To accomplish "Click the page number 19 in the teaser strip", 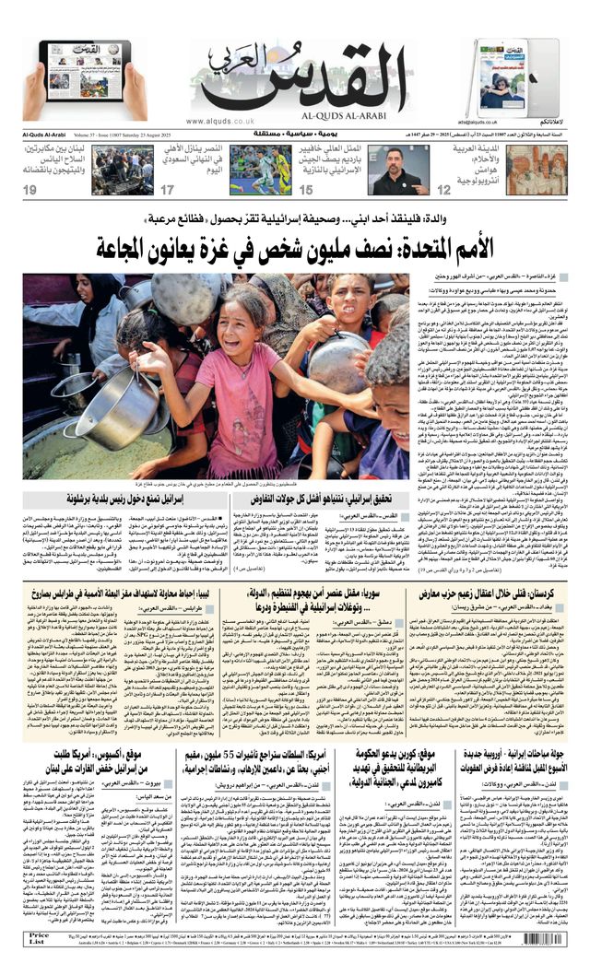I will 30,189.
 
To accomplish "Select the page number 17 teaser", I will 168,189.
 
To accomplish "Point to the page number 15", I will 306,189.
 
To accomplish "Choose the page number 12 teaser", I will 444,189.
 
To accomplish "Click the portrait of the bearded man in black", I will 397,170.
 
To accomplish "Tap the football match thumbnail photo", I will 260,170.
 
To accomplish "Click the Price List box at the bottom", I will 39,939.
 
